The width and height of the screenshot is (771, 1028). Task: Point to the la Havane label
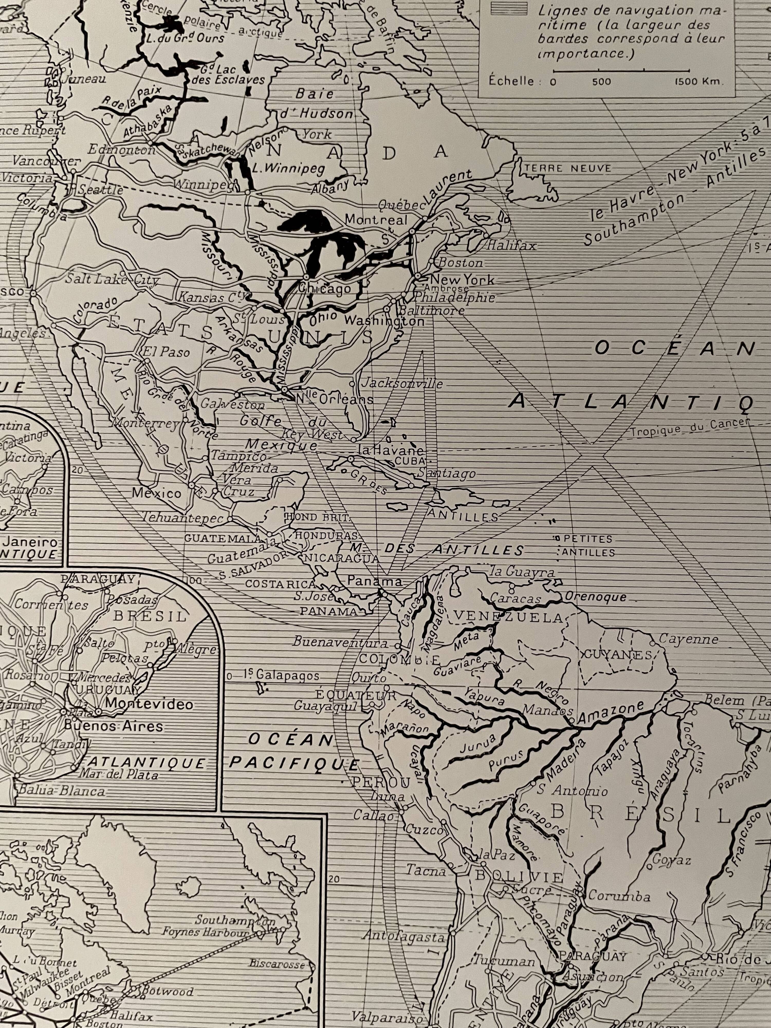click(x=390, y=450)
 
